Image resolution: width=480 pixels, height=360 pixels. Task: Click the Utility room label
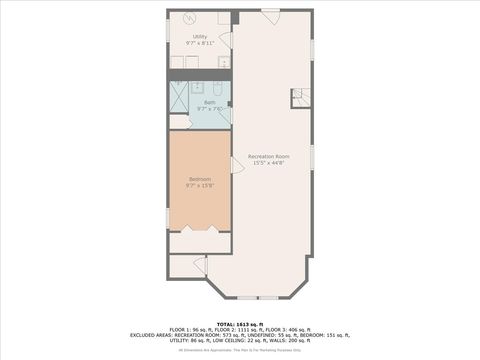click(200, 37)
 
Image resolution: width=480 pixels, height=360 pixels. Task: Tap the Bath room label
click(210, 102)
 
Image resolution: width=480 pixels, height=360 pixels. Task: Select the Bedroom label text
click(200, 179)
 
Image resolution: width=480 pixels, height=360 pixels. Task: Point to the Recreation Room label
click(269, 157)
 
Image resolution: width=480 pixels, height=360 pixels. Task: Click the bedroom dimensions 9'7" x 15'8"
click(200, 186)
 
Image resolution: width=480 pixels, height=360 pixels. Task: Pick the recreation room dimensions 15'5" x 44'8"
click(269, 164)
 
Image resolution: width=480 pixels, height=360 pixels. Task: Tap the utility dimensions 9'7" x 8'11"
click(200, 44)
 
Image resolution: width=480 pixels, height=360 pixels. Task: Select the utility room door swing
click(226, 41)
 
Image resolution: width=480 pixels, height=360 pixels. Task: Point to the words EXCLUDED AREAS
click(149, 335)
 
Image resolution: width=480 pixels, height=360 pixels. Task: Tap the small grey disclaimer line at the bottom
click(240, 351)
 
